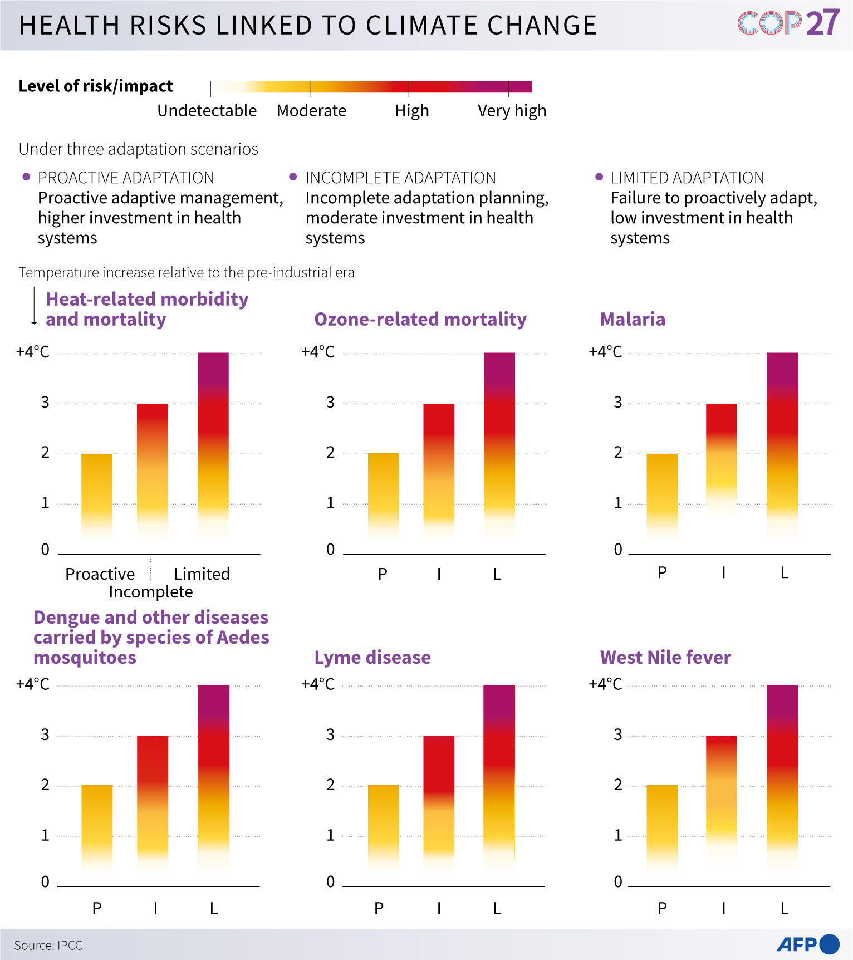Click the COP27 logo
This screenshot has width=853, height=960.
click(x=788, y=23)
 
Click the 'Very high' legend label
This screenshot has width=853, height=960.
click(x=512, y=111)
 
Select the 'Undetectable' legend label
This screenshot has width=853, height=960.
click(x=207, y=111)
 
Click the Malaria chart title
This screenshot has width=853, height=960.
click(x=633, y=319)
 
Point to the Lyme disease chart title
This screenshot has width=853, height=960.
click(x=372, y=657)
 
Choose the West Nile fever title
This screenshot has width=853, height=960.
click(x=665, y=657)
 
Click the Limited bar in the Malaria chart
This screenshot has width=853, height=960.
click(x=782, y=445)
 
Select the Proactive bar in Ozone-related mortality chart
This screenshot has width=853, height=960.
click(x=383, y=496)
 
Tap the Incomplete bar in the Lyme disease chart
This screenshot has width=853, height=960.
click(x=439, y=802)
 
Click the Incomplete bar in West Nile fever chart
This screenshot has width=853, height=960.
click(x=722, y=802)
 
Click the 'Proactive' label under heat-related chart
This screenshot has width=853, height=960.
click(x=100, y=574)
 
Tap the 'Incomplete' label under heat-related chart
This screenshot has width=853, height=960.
click(x=151, y=592)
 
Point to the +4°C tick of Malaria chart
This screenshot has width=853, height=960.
click(x=605, y=352)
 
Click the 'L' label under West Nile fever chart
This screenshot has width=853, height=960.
click(x=784, y=908)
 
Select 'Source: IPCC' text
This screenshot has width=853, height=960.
click(x=48, y=945)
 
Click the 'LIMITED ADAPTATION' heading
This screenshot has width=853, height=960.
click(x=687, y=178)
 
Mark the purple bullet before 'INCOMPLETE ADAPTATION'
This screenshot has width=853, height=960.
click(x=293, y=177)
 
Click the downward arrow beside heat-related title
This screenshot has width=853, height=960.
click(x=34, y=306)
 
